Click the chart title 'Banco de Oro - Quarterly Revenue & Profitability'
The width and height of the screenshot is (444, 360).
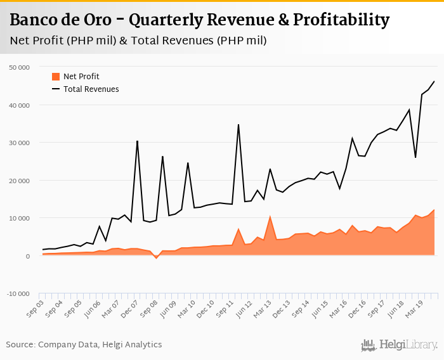coord(200,20)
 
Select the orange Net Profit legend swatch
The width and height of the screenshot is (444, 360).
coord(56,77)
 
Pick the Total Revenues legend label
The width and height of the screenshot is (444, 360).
coord(91,89)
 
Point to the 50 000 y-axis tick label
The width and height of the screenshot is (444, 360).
coord(19,67)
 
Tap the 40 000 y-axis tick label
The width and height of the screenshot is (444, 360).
coord(19,105)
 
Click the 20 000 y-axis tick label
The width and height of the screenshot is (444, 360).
coord(19,181)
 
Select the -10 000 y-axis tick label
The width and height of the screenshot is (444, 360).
coord(18,294)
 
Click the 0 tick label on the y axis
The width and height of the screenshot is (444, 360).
coord(27,256)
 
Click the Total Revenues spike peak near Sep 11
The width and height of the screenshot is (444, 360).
coord(238,125)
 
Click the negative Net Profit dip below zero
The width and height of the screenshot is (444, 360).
coord(156,258)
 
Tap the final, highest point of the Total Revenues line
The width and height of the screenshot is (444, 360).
coord(434,81)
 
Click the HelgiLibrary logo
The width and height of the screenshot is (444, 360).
coord(399,345)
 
